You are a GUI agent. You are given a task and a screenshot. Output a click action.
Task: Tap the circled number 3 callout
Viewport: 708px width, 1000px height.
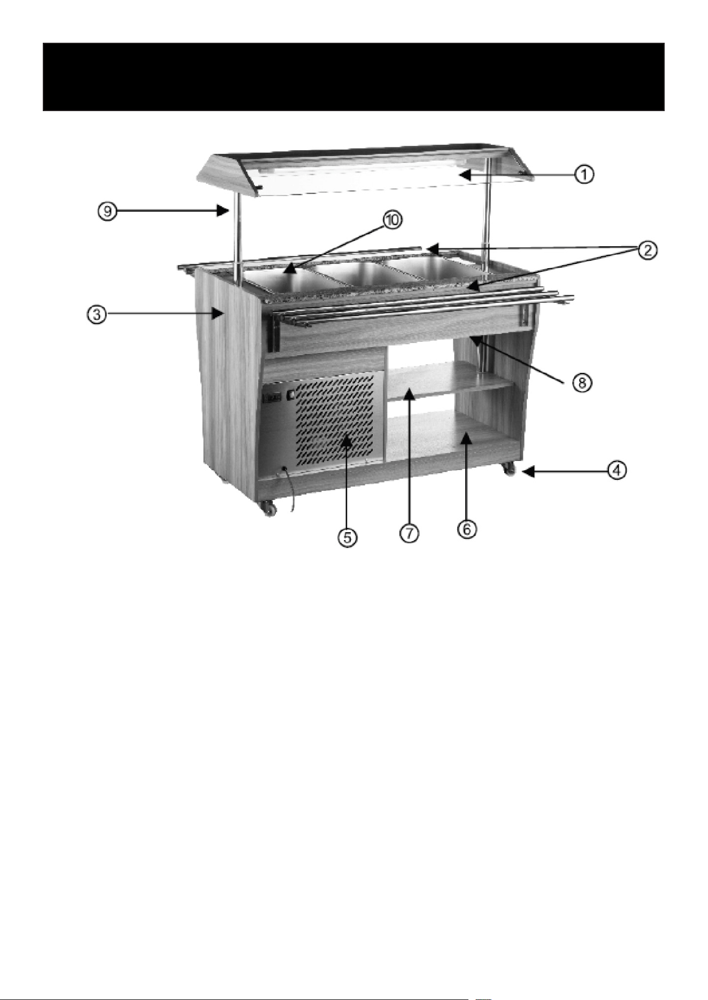(x=96, y=315)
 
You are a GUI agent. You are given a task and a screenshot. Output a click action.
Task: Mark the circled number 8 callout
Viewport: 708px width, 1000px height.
(x=582, y=382)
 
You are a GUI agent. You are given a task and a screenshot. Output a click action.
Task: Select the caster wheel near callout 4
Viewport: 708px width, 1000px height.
(x=509, y=469)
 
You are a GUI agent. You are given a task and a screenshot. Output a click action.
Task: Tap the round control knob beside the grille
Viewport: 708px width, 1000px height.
(x=291, y=395)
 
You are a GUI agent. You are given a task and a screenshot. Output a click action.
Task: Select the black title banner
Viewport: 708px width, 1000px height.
(x=353, y=77)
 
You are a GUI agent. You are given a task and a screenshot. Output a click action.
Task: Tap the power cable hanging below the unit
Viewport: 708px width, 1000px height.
(x=290, y=489)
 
